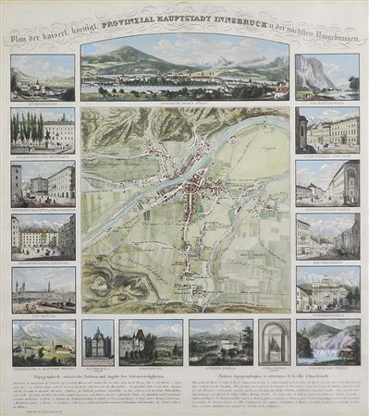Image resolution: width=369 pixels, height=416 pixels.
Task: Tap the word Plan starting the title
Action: point(19,40)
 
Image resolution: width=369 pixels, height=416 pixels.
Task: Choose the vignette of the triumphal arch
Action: point(327,289)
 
